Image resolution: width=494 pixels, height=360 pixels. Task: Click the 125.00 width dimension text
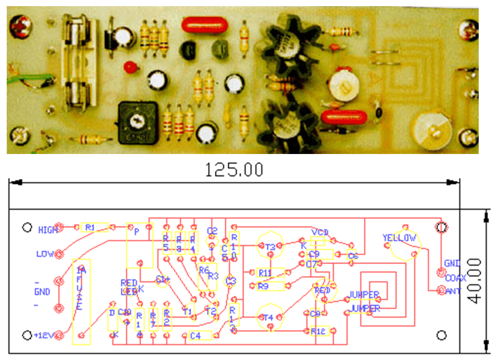click(235, 169)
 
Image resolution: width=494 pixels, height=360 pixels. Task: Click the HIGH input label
click(47, 230)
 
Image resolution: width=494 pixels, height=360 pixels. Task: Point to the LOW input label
click(45, 253)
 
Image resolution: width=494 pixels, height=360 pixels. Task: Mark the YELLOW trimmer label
click(399, 237)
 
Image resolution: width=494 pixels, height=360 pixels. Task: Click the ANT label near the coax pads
click(453, 292)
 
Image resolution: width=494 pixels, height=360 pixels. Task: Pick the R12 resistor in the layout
click(319, 331)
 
